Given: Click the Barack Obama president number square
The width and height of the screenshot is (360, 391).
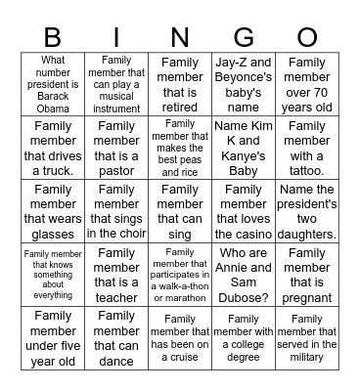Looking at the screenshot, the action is coord(54,85).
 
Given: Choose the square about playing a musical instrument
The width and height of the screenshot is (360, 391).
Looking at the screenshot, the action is coord(117,85).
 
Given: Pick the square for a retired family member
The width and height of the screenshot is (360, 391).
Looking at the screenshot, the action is coord(180,85).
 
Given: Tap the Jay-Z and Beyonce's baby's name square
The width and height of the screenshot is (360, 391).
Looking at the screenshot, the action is coord(243,85).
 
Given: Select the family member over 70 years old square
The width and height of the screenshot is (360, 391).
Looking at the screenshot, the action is coord(306,85).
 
